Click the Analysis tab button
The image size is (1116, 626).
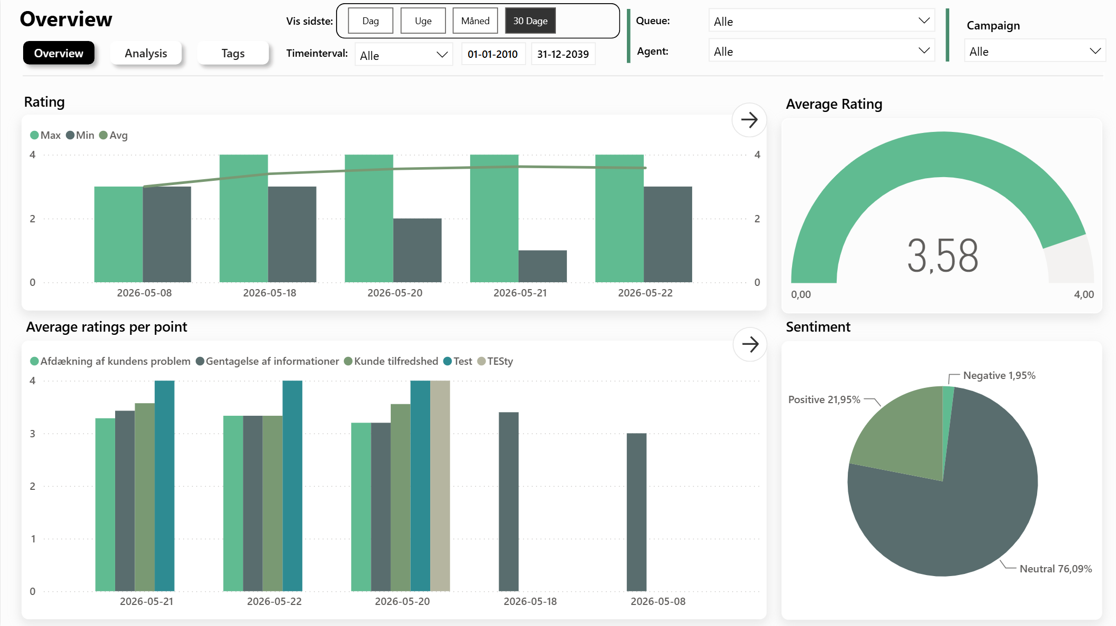click(x=146, y=53)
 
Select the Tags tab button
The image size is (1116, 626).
click(x=233, y=53)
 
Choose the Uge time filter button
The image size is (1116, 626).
click(x=423, y=21)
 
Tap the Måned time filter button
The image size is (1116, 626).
click(x=475, y=21)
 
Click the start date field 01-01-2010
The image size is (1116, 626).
click(x=493, y=54)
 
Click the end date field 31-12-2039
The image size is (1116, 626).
click(x=563, y=54)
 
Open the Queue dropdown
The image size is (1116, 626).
click(x=821, y=21)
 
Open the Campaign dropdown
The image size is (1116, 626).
click(x=1034, y=51)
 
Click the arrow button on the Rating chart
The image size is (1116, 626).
click(x=749, y=120)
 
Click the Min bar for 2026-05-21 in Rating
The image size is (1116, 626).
click(x=542, y=266)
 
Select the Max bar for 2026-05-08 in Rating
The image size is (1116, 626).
click(x=118, y=234)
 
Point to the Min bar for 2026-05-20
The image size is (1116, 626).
click(x=417, y=250)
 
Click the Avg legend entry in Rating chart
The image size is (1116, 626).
click(x=114, y=135)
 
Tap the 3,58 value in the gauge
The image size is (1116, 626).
click(x=942, y=256)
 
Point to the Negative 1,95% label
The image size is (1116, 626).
click(x=999, y=375)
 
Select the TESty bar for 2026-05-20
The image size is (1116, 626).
click(x=440, y=486)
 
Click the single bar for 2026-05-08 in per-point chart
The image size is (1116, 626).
click(x=636, y=512)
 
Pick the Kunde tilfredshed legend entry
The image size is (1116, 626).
click(x=391, y=361)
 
